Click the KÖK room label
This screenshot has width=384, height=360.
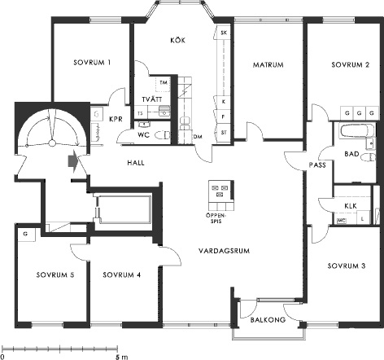178,40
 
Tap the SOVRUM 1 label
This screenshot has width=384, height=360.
92,63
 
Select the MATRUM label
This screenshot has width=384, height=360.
268,64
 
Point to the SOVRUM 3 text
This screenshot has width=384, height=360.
347,266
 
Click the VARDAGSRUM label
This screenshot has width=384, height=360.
224,251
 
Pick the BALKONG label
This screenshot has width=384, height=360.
268,319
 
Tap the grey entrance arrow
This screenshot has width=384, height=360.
73,162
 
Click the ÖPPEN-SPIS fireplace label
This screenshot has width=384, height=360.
216,218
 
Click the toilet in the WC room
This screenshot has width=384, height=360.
162,135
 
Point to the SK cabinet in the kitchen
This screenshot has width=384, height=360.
224,33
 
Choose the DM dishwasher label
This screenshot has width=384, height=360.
198,137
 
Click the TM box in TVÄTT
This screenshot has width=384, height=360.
164,82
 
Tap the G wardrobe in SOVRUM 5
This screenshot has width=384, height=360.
26,234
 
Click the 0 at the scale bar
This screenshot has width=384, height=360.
2,357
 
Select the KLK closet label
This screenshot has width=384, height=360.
351,206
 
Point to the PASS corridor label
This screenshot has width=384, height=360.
317,165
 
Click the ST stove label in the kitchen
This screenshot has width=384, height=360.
224,133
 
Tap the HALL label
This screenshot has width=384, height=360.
136,163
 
